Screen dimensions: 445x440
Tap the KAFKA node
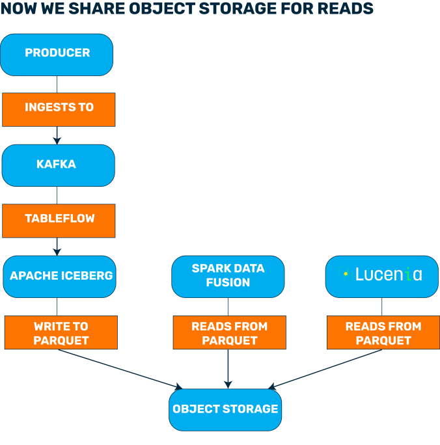coord(58,165)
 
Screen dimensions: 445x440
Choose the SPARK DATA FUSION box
coord(228,276)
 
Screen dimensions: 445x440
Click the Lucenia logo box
coord(382,276)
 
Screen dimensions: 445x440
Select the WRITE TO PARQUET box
coord(61,332)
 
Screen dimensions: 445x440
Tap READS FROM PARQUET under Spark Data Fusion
coord(228,332)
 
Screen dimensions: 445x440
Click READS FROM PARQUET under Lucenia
coord(383,332)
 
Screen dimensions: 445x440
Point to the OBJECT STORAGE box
coord(225,410)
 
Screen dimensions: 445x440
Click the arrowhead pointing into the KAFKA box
coord(57,139)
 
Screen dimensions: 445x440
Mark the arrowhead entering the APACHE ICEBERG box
coord(57,250)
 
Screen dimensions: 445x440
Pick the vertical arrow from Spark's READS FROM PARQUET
coord(228,370)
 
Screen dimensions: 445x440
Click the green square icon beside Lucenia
coord(346,274)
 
